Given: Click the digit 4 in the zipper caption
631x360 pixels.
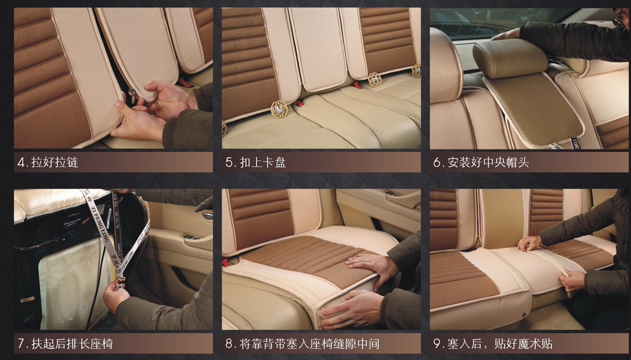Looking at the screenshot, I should click(21, 162).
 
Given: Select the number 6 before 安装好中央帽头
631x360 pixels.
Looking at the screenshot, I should click(437, 162).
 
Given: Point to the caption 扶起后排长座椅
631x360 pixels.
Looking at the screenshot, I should click(71, 343).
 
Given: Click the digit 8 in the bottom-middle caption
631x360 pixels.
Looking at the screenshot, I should click(229, 343).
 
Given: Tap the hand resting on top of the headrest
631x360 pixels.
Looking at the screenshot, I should click(507, 34).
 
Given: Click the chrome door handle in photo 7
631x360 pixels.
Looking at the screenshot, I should click(207, 215).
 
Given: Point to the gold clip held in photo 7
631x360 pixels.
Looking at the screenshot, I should click(120, 278).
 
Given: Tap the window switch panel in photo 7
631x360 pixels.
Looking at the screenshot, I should click(191, 237).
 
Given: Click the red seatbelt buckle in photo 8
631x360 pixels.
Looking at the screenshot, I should click(227, 262).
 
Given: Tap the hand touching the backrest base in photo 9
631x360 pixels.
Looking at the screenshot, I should click(531, 243).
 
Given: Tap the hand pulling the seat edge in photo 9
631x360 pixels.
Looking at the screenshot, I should click(572, 279).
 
